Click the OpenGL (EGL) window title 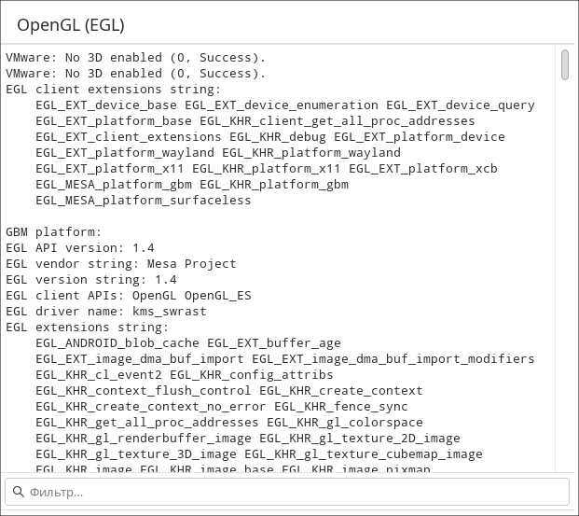click(71, 25)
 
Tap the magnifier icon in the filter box click(18, 492)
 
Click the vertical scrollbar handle click(565, 64)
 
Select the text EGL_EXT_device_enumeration click(282, 105)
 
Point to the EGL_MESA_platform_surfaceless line click(144, 200)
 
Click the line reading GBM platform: click(53, 231)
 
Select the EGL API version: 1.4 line click(80, 247)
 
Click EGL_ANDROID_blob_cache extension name click(117, 342)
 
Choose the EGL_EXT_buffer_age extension click(274, 342)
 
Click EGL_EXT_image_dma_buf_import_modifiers click(393, 358)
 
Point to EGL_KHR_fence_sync click(341, 406)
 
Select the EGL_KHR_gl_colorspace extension click(345, 422)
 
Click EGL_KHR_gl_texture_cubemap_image click(364, 453)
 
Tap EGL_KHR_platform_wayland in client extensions click(311, 152)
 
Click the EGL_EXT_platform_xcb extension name click(423, 168)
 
